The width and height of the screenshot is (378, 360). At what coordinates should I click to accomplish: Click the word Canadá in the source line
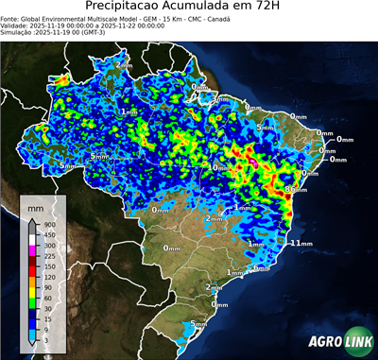tap(219, 18)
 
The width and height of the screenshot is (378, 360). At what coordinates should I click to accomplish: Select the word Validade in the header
tap(16, 25)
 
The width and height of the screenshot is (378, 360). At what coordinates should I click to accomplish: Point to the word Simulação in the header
tap(17, 32)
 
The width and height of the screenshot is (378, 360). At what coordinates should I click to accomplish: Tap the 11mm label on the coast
tap(301, 243)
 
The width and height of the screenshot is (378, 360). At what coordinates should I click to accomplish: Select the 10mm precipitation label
tap(218, 167)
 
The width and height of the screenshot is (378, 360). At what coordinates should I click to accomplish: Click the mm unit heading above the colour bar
tap(36, 204)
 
